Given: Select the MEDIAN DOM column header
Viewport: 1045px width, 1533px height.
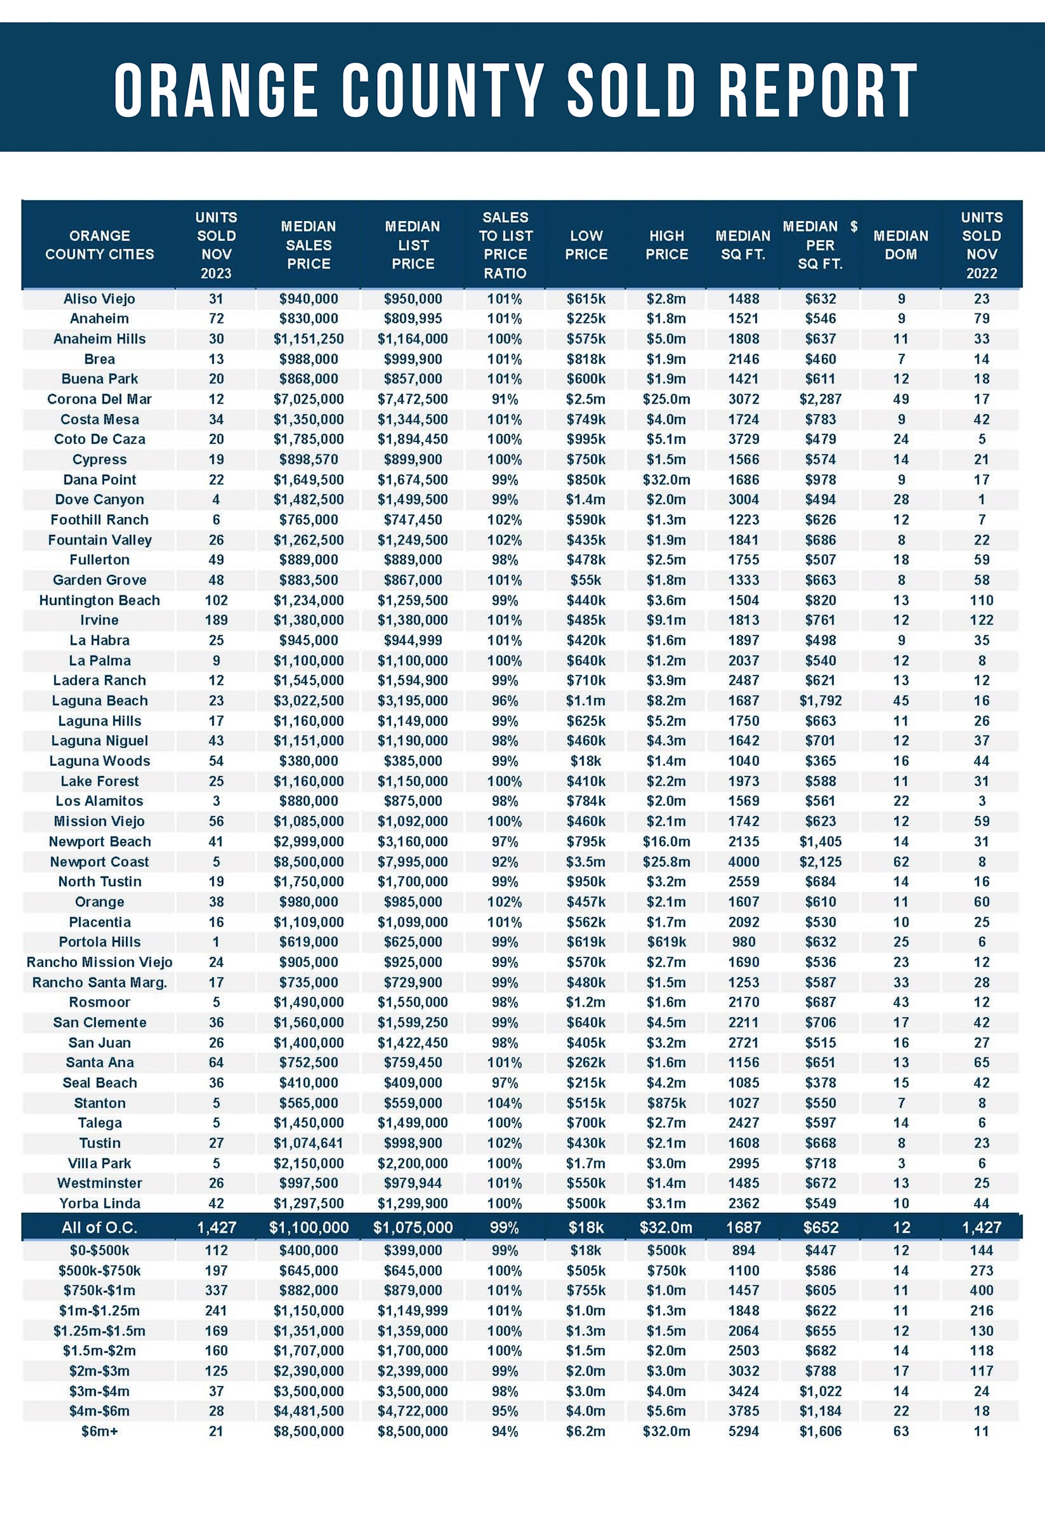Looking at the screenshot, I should click(901, 245).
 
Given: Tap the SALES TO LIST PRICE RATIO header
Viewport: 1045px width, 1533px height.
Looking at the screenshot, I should click(505, 245).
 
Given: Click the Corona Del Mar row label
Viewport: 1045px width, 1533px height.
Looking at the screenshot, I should click(100, 399).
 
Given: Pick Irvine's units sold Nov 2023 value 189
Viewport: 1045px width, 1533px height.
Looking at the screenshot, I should click(216, 620).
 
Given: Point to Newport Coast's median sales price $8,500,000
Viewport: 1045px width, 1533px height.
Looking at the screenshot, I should click(309, 861).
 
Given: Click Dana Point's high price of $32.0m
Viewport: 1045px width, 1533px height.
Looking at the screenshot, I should click(666, 480).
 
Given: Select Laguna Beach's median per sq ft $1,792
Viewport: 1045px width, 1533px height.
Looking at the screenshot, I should click(820, 701).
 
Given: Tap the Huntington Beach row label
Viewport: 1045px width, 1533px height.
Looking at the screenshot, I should click(100, 600).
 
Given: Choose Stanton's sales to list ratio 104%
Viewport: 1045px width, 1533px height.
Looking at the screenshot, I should click(505, 1103).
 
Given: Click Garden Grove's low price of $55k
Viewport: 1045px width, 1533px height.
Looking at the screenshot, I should click(586, 580).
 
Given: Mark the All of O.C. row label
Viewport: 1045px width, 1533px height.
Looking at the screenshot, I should click(100, 1228).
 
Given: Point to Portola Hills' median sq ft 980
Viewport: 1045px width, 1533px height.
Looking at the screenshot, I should click(743, 942).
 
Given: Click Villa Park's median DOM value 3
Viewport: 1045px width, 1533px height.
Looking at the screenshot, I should click(901, 1163).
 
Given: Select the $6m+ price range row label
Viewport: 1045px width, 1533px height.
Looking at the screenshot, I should click(100, 1431).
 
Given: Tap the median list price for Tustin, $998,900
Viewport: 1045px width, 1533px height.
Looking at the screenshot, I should click(413, 1143).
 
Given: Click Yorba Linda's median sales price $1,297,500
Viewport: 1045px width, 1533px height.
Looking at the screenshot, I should click(309, 1203).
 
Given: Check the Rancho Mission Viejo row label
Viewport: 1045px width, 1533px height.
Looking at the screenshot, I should click(100, 962).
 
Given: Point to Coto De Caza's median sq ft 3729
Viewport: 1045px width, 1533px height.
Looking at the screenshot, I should click(743, 439).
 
